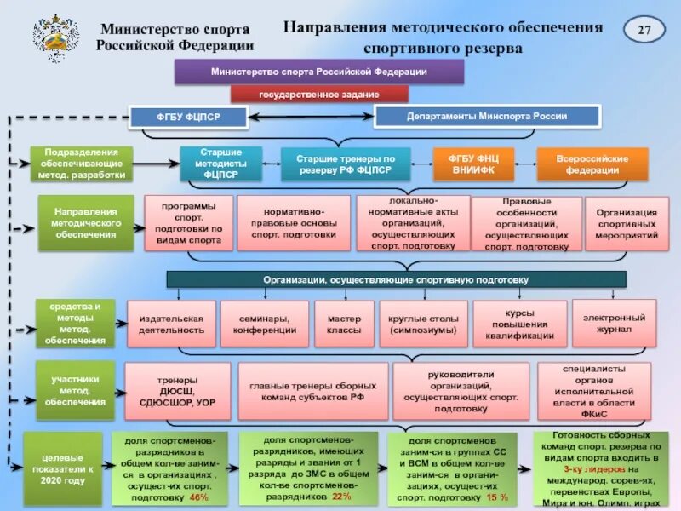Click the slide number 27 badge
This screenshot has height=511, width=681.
644,32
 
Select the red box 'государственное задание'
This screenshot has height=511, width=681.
319,95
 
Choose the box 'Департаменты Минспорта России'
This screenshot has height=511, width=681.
488,116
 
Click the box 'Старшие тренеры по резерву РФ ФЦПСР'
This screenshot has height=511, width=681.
346,164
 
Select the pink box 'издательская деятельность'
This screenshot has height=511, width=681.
171,323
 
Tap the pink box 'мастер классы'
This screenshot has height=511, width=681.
344,323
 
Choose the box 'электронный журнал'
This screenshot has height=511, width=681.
614,322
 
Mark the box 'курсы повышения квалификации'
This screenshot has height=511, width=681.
519,324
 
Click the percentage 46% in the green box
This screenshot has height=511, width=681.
198,497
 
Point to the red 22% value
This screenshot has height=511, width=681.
341,496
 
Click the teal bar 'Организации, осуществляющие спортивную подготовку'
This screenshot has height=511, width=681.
396,279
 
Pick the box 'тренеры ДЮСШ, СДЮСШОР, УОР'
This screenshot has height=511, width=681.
178,391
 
